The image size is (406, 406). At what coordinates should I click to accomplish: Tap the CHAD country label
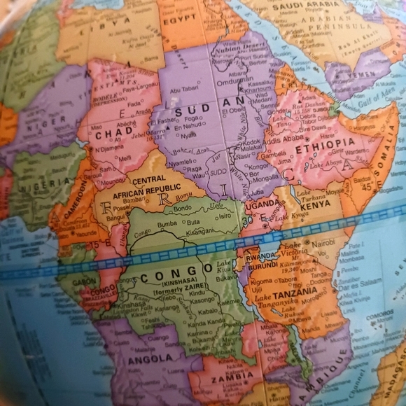click(x=113, y=133)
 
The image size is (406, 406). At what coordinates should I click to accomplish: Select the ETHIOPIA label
click(x=325, y=145)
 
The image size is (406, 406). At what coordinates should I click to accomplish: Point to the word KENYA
click(x=315, y=206)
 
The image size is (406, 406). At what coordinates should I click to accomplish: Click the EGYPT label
click(x=179, y=19)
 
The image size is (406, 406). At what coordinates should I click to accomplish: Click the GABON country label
click(x=84, y=280)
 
